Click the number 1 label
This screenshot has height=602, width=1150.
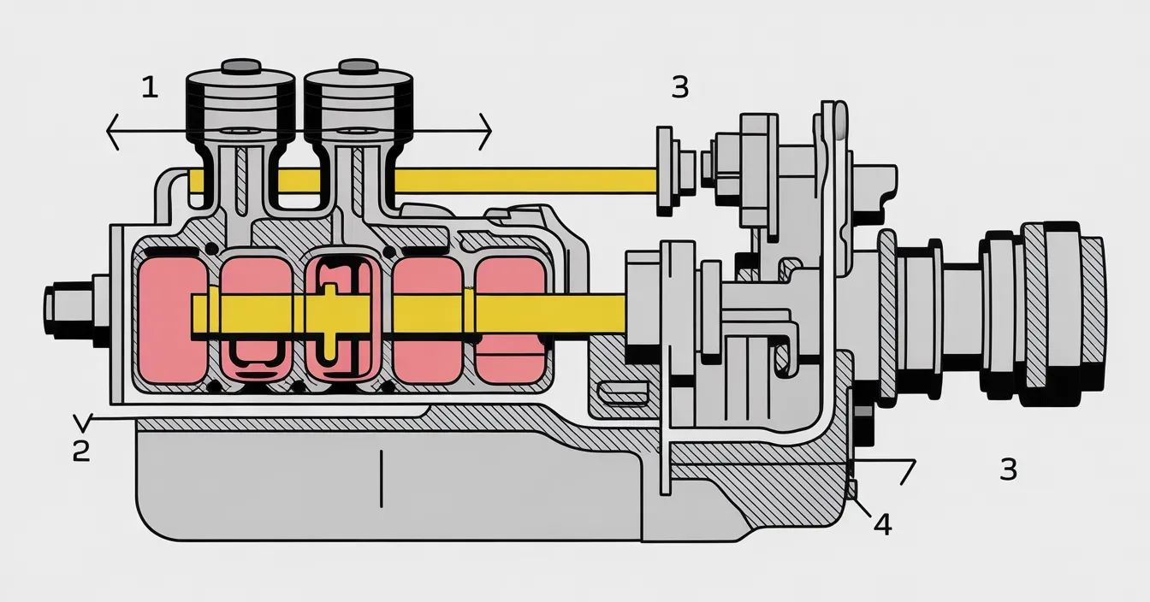click(150, 87)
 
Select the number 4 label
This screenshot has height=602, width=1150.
click(883, 524)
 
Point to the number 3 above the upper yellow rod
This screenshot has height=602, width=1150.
click(680, 87)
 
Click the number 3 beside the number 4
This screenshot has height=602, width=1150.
click(1008, 469)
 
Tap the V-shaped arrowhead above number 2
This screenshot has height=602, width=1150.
click(82, 421)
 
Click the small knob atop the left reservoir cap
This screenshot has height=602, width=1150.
click(241, 66)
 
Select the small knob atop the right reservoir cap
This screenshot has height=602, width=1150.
click(359, 66)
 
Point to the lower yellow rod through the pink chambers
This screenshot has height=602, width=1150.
click(408, 314)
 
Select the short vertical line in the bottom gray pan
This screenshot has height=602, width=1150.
click(381, 479)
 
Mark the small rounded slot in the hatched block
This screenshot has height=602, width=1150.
click(622, 394)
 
